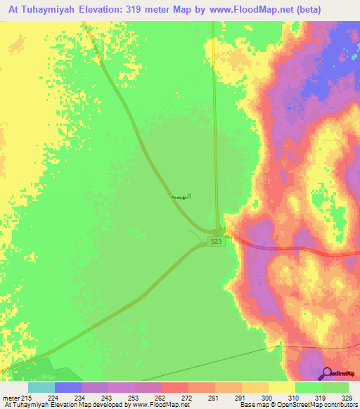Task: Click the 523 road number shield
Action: [217, 241]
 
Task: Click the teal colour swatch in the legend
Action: [41, 387]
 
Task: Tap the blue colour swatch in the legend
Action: [67, 387]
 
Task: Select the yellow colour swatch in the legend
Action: [282, 387]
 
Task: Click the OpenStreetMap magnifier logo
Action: [328, 373]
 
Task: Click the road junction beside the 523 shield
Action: [219, 231]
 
